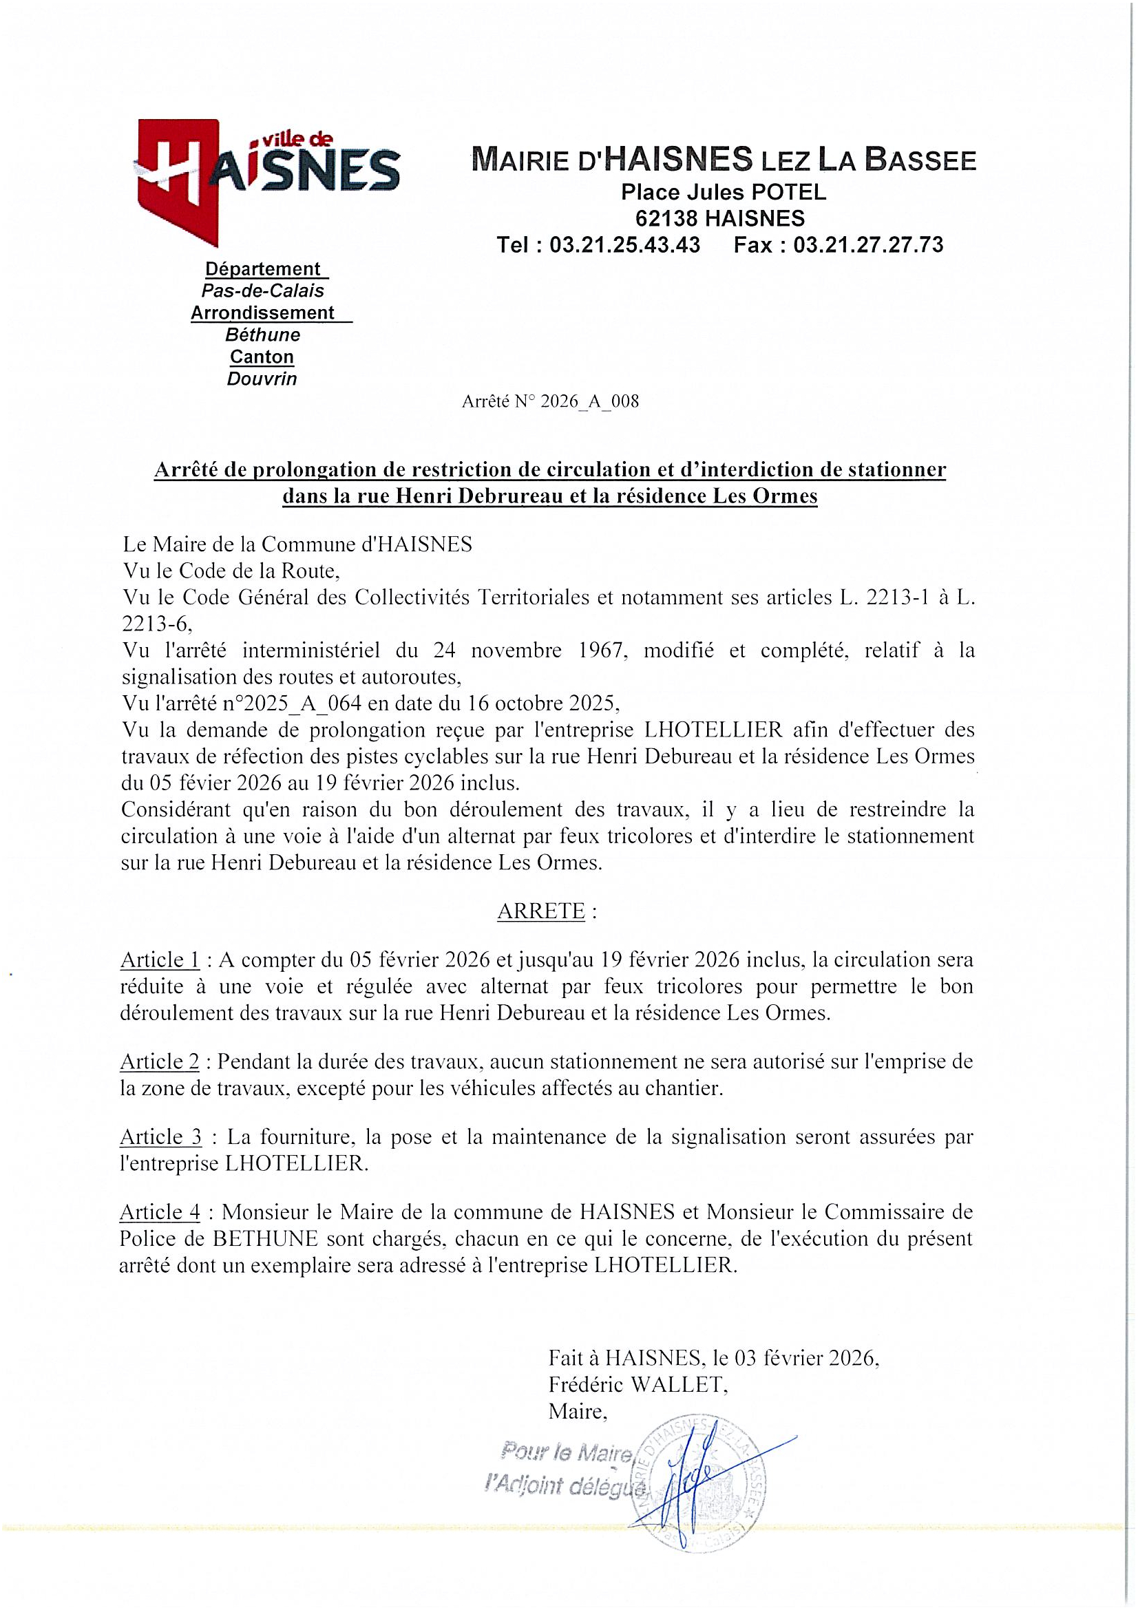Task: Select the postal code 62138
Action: click(x=667, y=218)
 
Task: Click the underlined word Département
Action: click(x=262, y=269)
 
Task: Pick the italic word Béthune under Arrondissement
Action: click(x=262, y=335)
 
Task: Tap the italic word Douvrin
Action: click(x=262, y=379)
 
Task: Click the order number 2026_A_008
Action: click(x=589, y=402)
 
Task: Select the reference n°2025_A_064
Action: click(x=282, y=703)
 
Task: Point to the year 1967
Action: click(x=596, y=650)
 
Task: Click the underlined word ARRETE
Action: click(x=540, y=911)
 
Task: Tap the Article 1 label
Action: click(x=160, y=960)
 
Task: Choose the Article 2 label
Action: click(x=160, y=1061)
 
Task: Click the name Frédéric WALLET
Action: click(x=635, y=1385)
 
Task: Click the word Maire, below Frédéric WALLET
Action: click(x=577, y=1411)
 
